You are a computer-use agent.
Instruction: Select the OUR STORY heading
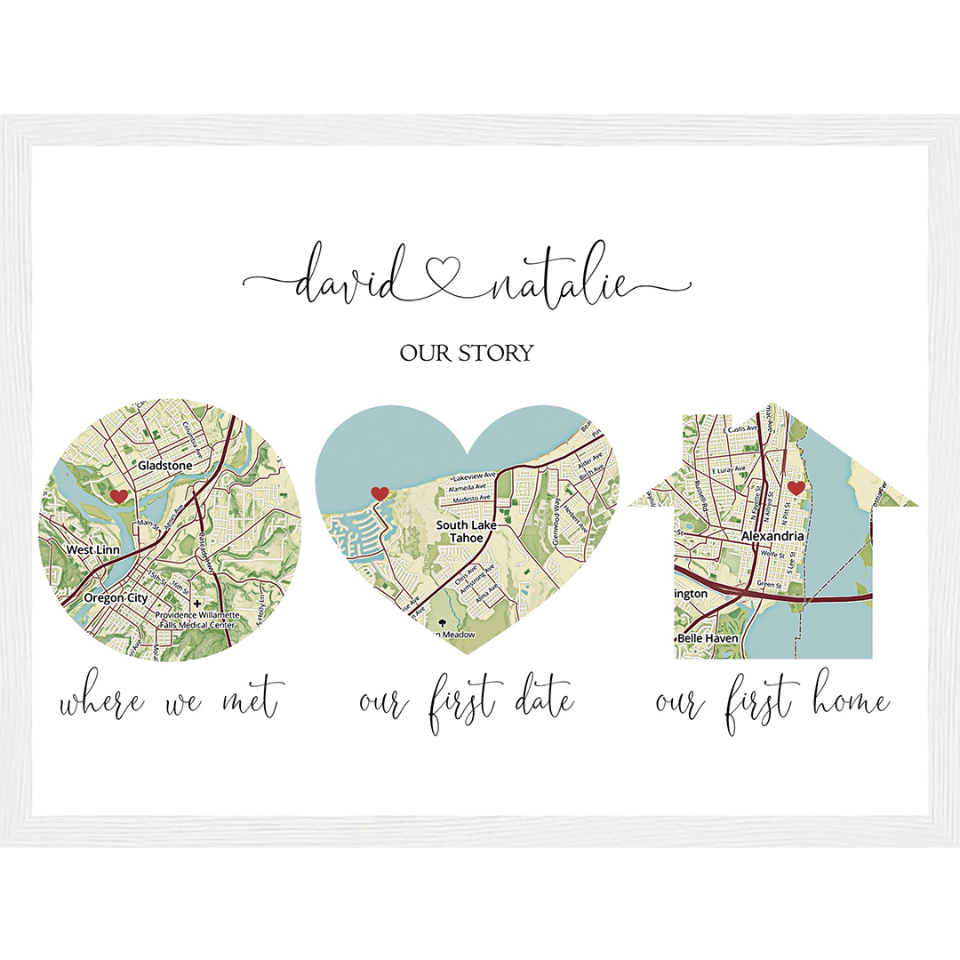(x=467, y=353)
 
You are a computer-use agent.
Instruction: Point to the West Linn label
(x=92, y=550)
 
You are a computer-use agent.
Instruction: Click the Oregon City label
(x=116, y=598)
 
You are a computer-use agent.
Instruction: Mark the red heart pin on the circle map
(x=117, y=496)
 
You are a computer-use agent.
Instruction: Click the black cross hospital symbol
(x=196, y=603)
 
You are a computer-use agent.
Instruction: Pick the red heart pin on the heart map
(x=380, y=493)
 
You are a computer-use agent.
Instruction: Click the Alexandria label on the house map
(x=773, y=537)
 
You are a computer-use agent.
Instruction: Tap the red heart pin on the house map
(x=796, y=487)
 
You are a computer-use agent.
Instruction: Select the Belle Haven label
(x=707, y=638)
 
